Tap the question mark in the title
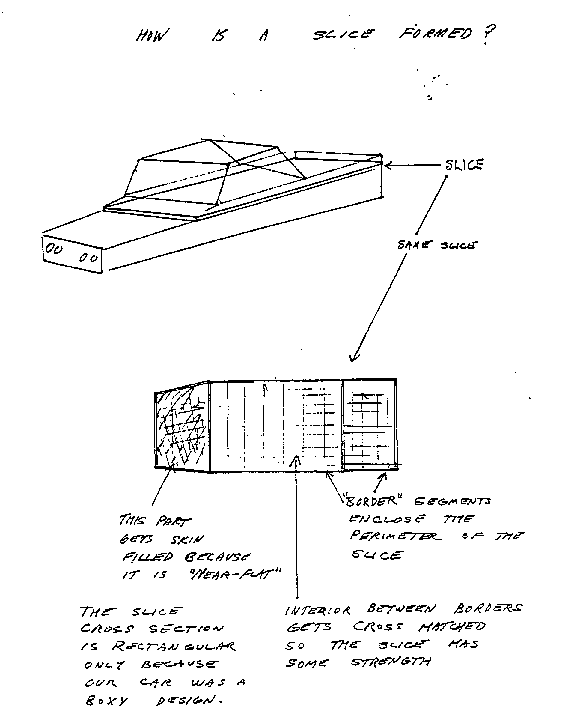coord(488,34)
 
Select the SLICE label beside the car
coord(464,165)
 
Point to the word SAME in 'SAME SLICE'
coord(415,245)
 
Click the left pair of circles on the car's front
coord(54,249)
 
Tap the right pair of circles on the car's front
coord(88,258)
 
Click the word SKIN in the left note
coord(187,540)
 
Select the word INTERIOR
coord(318,611)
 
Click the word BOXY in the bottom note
coord(107,701)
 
